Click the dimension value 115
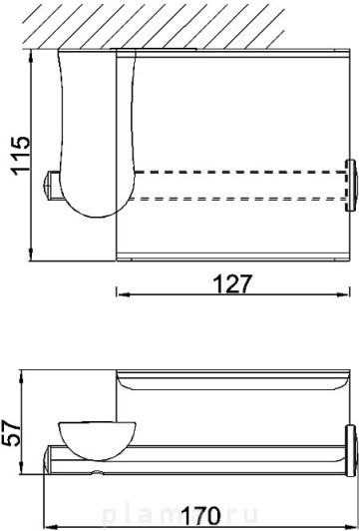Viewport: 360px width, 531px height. click(x=21, y=156)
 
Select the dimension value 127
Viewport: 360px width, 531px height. click(x=232, y=283)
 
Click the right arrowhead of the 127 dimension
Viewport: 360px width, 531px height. click(x=343, y=295)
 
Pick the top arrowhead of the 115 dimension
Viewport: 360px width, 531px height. click(x=31, y=56)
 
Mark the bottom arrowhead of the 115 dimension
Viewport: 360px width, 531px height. click(x=31, y=255)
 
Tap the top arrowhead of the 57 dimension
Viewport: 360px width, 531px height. click(x=22, y=377)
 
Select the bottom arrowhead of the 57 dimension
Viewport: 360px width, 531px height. click(x=22, y=468)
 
